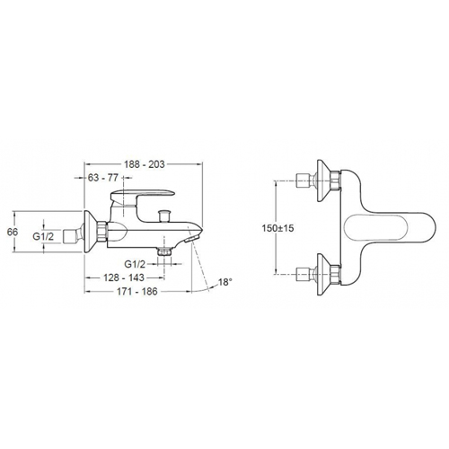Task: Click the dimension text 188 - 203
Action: [145, 164]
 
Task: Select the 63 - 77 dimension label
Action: [103, 178]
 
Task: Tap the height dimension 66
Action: [13, 232]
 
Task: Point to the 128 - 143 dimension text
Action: [124, 277]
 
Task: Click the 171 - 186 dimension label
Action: [137, 292]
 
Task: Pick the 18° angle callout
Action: [225, 282]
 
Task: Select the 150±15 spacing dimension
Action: [278, 228]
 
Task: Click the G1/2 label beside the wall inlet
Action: [43, 236]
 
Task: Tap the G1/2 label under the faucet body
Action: [135, 264]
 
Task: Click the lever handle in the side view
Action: [141, 195]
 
